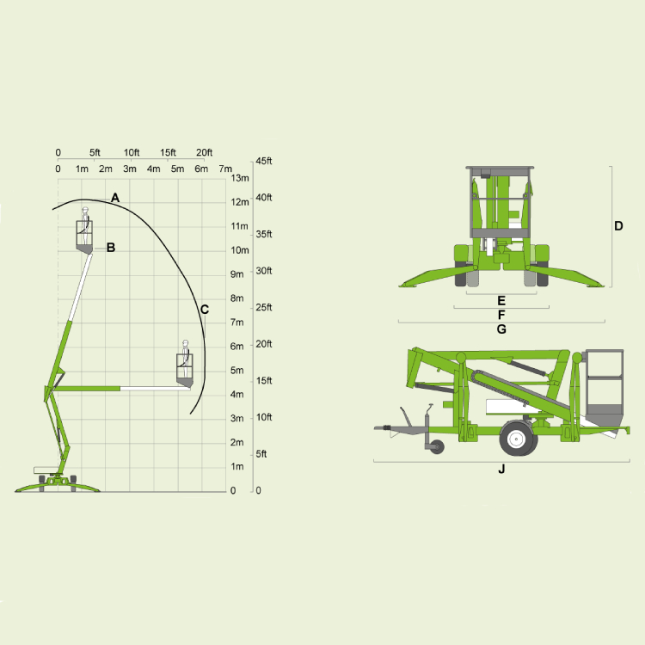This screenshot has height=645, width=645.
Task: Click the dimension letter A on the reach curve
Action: [x=115, y=198]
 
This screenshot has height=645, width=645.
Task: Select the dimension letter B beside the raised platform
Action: [x=111, y=247]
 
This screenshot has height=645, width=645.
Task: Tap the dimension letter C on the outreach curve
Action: [x=205, y=310]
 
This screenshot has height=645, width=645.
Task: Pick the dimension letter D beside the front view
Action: [x=618, y=226]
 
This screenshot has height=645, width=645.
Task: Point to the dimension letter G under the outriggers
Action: [x=501, y=329]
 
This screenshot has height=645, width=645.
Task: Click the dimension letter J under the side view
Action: [x=501, y=469]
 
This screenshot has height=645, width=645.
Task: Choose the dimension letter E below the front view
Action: [x=501, y=301]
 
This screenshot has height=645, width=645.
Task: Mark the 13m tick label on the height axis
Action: [x=240, y=178]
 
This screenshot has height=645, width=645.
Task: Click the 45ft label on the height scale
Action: [x=264, y=161]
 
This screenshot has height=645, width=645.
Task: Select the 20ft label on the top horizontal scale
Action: [x=204, y=152]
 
